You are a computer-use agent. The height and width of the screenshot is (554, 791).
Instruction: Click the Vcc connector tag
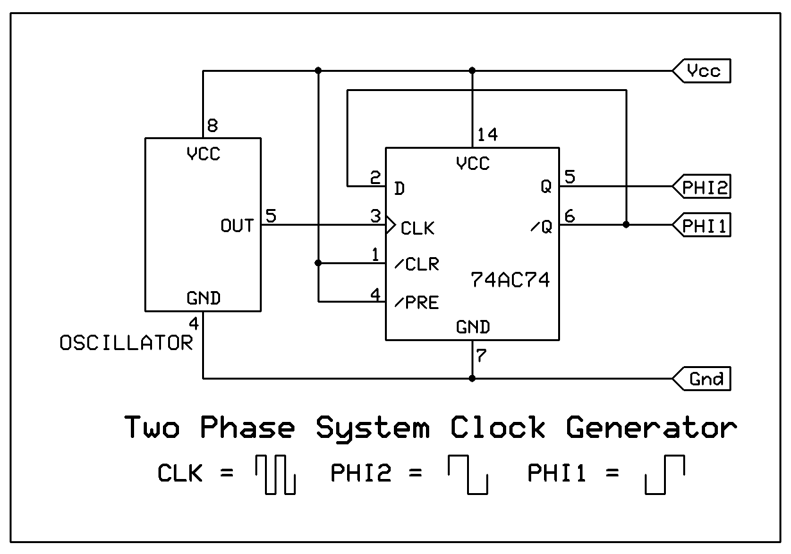point(702,71)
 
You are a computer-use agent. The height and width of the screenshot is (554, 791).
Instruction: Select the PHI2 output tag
point(702,187)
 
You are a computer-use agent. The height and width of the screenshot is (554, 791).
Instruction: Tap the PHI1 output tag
point(702,226)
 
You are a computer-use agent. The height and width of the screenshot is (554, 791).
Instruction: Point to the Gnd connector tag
point(702,379)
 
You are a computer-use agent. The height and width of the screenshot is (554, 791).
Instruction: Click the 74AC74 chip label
point(510,280)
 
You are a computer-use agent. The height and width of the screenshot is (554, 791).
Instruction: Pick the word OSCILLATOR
point(126,344)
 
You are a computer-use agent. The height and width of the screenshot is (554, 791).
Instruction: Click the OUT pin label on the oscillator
point(237,226)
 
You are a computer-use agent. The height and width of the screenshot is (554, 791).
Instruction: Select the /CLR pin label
point(417,264)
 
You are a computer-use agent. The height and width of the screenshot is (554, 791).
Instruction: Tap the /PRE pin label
point(417,302)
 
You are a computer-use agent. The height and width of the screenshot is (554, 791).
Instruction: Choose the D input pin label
point(400,189)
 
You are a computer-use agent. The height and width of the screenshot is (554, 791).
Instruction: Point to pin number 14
point(488,135)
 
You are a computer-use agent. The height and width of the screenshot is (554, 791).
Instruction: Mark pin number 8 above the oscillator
point(212,124)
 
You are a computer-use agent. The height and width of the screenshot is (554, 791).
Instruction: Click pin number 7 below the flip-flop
point(481,356)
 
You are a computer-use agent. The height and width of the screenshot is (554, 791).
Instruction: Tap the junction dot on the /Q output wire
point(626,224)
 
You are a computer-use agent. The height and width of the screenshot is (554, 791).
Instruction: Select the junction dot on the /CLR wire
point(318,263)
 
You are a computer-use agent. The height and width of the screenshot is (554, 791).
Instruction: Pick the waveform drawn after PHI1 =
point(665,475)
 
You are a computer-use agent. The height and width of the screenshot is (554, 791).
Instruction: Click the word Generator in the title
point(651,428)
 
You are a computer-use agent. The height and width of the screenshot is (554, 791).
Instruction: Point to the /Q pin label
point(541,227)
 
